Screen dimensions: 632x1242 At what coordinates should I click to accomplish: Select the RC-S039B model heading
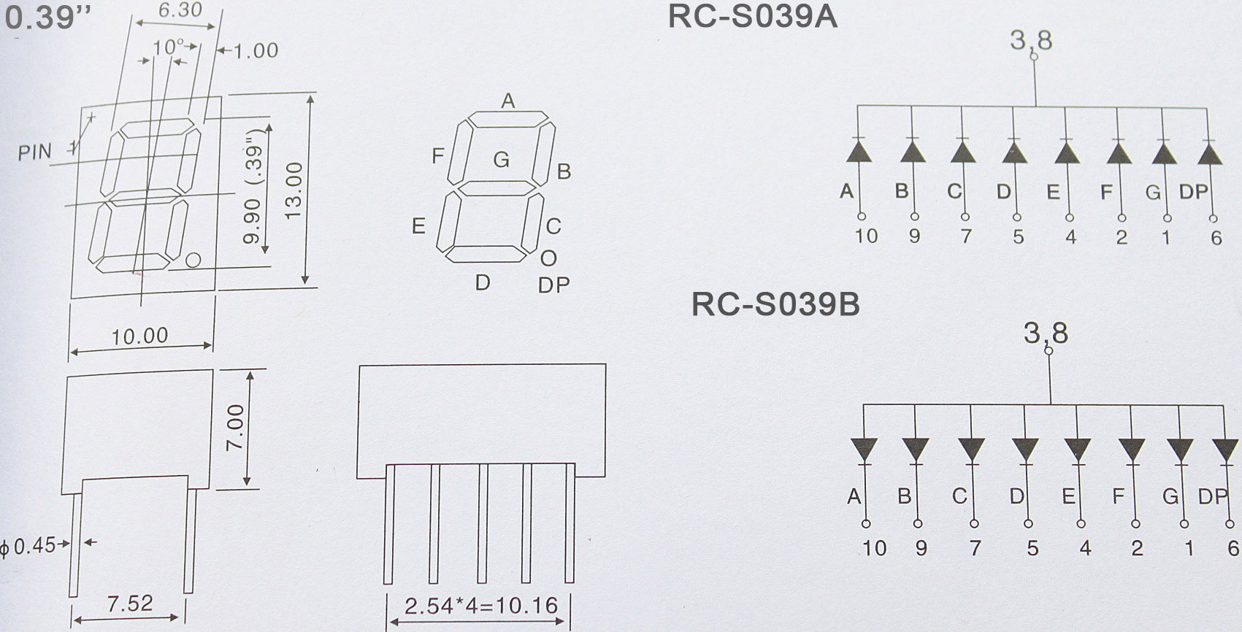[775, 305]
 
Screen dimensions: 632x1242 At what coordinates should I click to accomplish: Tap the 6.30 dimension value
[180, 9]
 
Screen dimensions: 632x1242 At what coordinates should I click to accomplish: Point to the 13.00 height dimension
[294, 190]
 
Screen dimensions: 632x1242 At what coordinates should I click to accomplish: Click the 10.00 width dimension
[139, 336]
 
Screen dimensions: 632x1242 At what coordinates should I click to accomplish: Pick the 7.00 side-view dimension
[234, 428]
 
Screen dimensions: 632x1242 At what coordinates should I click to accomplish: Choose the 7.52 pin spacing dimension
[130, 604]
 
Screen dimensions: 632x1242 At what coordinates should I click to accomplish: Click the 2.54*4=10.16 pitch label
[480, 606]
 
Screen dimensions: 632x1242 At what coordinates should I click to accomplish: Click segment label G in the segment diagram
[501, 159]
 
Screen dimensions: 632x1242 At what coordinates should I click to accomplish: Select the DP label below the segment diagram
[553, 285]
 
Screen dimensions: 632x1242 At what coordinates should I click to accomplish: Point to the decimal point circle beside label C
[548, 258]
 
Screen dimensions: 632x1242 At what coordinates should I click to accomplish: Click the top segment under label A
[507, 119]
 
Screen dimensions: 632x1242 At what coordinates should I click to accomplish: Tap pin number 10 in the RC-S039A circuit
[866, 236]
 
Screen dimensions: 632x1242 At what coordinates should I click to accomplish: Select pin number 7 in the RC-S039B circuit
[975, 547]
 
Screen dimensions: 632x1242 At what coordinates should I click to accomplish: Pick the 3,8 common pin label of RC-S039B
[1046, 334]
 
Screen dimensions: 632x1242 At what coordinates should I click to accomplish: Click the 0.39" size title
[42, 18]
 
